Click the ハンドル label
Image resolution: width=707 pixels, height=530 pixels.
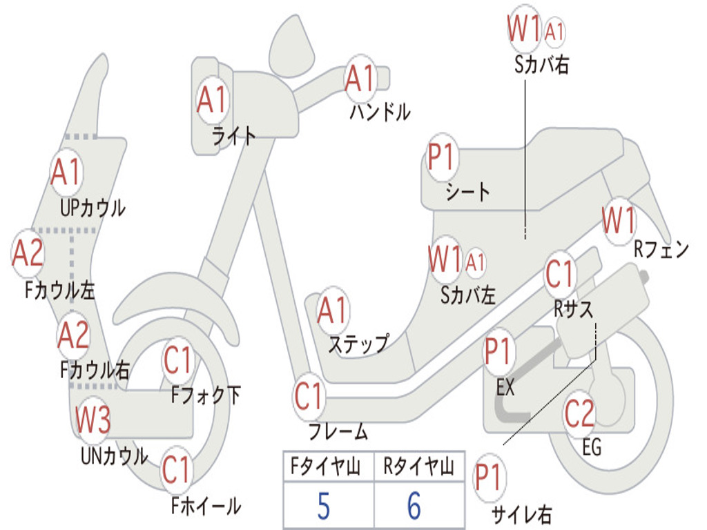point(379,111)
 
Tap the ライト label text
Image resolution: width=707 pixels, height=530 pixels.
point(234,136)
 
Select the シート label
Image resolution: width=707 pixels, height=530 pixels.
point(467,191)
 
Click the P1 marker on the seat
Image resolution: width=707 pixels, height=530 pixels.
point(442,158)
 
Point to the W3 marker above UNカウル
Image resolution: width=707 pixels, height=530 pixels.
point(93,420)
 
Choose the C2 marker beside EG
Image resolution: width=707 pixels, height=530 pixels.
point(579,414)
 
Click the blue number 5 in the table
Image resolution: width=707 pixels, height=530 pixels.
point(323,507)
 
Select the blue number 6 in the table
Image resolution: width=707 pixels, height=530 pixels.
point(414,507)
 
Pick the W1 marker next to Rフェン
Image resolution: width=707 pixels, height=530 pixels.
point(618,222)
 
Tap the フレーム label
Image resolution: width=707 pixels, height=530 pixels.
point(338,433)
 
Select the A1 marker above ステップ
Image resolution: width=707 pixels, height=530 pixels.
point(333,311)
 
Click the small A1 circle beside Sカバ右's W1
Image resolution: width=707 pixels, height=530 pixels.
point(554,31)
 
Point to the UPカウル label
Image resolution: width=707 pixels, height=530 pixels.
point(93,207)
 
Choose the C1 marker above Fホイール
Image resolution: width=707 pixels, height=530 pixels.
point(176,470)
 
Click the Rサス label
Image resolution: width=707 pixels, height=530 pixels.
point(574,310)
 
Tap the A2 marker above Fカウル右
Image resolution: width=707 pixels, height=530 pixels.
point(73,335)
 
